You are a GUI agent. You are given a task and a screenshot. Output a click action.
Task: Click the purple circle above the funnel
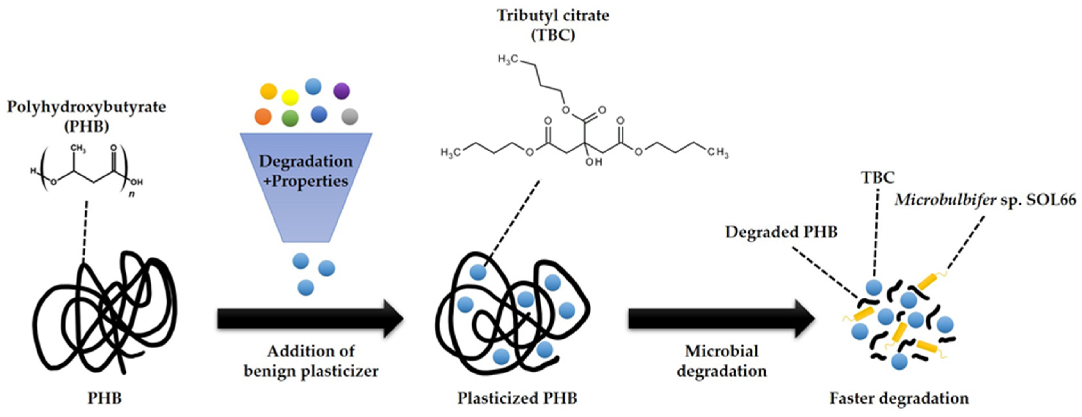pos(341,91)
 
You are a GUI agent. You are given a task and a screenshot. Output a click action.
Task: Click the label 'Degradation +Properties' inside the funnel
pos(306,171)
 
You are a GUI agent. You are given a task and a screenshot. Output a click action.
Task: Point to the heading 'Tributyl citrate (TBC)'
pos(553,25)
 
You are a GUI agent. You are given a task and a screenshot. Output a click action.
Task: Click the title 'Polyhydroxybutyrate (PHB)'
pos(86,116)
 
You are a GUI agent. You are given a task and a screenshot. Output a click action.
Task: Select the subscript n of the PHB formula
pos(132,194)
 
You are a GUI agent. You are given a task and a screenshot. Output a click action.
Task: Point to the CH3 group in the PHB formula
pos(78,149)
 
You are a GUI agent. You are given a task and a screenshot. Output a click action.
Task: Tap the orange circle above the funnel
pos(263,116)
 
